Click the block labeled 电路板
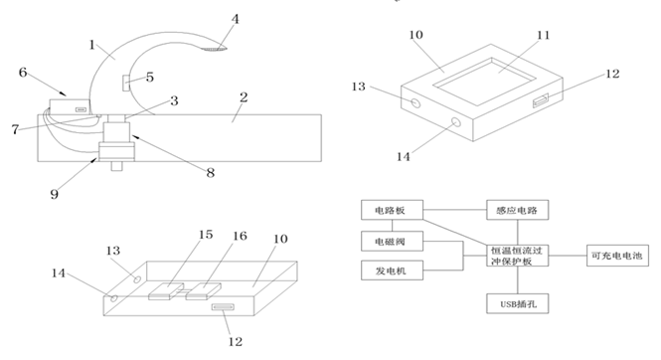[x=392, y=210]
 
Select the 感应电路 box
[x=517, y=210]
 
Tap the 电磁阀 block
[x=392, y=241]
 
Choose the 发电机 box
[x=392, y=270]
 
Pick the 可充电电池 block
[x=617, y=256]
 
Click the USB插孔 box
[x=517, y=303]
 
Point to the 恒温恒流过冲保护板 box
[x=517, y=256]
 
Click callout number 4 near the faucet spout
[x=236, y=19]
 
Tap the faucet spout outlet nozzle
[x=214, y=49]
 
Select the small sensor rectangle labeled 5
[x=126, y=83]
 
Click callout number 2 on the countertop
[x=244, y=97]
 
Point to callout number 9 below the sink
[x=54, y=194]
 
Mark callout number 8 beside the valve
[x=211, y=172]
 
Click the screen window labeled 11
[x=485, y=82]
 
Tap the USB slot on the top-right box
[x=541, y=101]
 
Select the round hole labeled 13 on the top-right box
[x=416, y=102]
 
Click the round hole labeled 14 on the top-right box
[x=455, y=122]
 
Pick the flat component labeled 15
[x=166, y=290]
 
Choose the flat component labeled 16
[x=203, y=291]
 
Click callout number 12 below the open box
[x=236, y=341]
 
